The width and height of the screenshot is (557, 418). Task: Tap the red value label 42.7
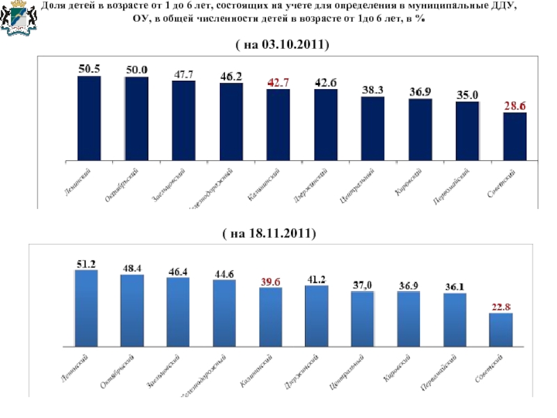click(278, 82)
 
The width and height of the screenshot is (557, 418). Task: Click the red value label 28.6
click(515, 106)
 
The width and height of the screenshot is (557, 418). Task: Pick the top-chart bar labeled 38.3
click(373, 127)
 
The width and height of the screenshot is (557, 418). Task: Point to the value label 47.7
click(184, 74)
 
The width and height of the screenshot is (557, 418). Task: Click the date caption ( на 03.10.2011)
click(282, 45)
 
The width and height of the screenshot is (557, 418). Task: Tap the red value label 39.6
click(271, 281)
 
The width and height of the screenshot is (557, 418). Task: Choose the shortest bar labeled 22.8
click(501, 329)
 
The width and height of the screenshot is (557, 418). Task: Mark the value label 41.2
click(317, 279)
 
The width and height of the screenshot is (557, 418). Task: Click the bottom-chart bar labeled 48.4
click(132, 310)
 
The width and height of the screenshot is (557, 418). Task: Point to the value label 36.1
click(455, 286)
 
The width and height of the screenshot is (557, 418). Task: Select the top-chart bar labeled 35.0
click(468, 130)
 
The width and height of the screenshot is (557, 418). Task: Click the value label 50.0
click(136, 70)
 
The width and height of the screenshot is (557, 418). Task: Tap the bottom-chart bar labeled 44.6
click(224, 313)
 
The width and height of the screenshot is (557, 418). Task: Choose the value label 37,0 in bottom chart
click(363, 285)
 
